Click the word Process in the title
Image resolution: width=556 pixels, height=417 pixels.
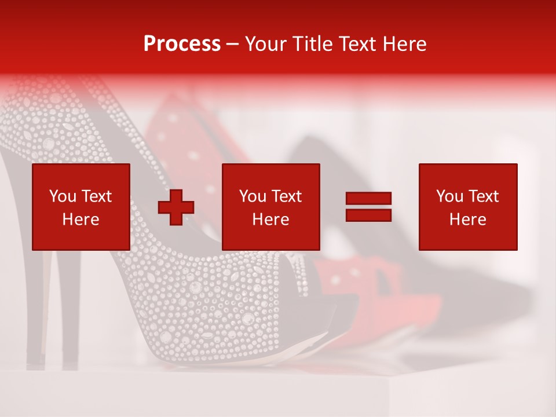pos(182,44)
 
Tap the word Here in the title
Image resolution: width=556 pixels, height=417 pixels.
pos(404,44)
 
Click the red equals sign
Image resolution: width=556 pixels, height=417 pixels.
pos(368,207)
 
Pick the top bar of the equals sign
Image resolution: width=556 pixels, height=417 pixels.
pos(368,199)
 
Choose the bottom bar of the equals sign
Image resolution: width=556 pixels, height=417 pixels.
pos(368,215)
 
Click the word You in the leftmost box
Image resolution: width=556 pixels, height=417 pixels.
pos(63,196)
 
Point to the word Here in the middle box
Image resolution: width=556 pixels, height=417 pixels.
pos(271,220)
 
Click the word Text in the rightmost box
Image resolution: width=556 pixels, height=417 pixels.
pos(483,196)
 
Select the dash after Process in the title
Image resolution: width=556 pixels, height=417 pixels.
pos(233,45)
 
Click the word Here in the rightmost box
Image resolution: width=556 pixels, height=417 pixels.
pos(468,220)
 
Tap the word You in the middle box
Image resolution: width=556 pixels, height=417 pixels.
pos(253,196)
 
